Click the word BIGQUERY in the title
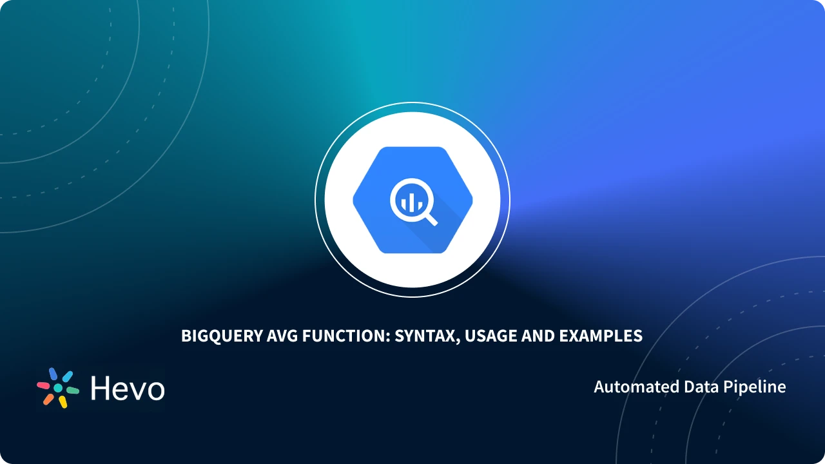coord(221,336)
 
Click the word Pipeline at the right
coord(755,387)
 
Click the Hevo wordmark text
coord(128,389)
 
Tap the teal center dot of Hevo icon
coord(58,388)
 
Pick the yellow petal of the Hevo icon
coord(63,401)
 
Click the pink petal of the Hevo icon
coord(43,385)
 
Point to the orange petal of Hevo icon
coord(48,399)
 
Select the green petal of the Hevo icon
coord(72,391)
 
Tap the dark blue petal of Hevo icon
coord(53,374)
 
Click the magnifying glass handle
coord(431,218)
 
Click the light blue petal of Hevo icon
coord(67,376)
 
